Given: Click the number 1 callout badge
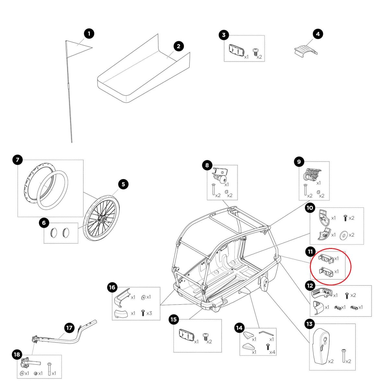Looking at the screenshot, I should tap(89, 33).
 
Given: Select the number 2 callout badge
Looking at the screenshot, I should tap(179, 46).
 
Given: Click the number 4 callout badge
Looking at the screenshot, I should tap(318, 34).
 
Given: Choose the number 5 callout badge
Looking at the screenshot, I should tap(123, 184).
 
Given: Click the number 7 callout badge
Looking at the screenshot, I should tap(18, 159).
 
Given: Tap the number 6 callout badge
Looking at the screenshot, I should tap(44, 223).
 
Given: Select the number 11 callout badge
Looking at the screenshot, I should tap(310, 252).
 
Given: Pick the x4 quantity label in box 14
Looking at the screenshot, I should tap(273, 352).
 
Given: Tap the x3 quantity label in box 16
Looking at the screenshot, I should tap(149, 313).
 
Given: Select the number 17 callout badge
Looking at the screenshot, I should tap(69, 328).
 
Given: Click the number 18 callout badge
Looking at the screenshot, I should tap(17, 355).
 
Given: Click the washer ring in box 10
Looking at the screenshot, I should tap(343, 235).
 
